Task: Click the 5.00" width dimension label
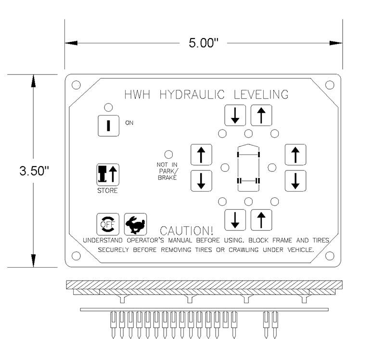204,43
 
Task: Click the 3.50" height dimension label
33,171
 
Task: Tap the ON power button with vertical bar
108,125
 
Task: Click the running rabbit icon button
135,224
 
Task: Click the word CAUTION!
187,231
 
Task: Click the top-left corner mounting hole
76,85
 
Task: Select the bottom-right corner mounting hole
330,256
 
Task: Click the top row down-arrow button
235,115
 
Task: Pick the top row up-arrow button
261,115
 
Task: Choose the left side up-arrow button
201,154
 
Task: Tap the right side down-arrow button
295,180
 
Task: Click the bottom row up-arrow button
261,220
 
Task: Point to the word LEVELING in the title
261,94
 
